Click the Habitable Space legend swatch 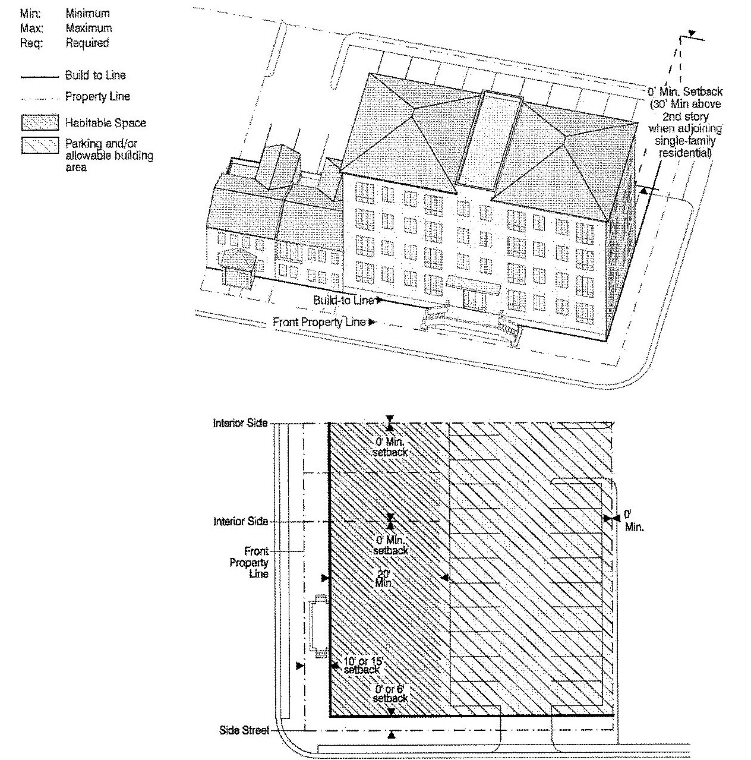[x=40, y=122]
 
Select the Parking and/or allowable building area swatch [x=40, y=145]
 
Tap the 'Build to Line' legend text [x=96, y=75]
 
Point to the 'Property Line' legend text [x=97, y=97]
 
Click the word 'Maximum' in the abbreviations [x=89, y=28]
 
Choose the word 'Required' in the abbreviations [x=87, y=43]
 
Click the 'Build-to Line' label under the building [x=343, y=301]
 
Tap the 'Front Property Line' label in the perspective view [x=319, y=323]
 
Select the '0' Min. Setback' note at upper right [x=685, y=92]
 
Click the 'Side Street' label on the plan [x=244, y=730]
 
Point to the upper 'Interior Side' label [x=240, y=423]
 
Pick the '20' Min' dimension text [x=383, y=578]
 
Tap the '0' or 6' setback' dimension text [x=390, y=694]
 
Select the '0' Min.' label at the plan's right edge [x=634, y=521]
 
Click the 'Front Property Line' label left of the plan [x=250, y=562]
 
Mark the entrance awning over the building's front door [x=474, y=286]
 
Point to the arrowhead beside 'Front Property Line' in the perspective [x=371, y=323]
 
